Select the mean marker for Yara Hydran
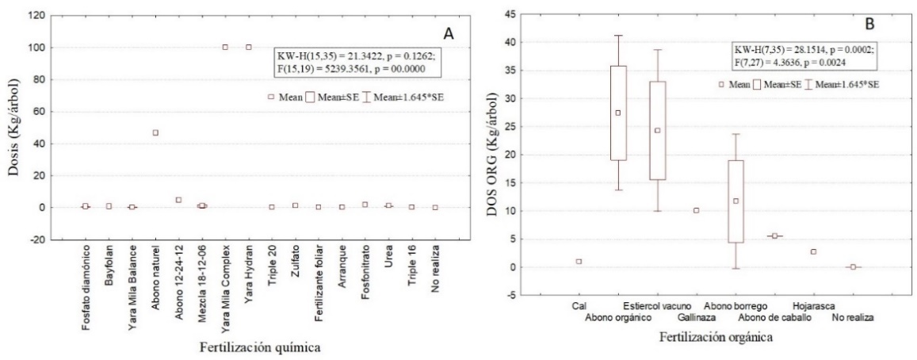tap(249, 47)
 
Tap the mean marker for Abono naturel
tap(155, 132)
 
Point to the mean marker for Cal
tap(579, 261)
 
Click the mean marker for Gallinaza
tap(696, 210)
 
